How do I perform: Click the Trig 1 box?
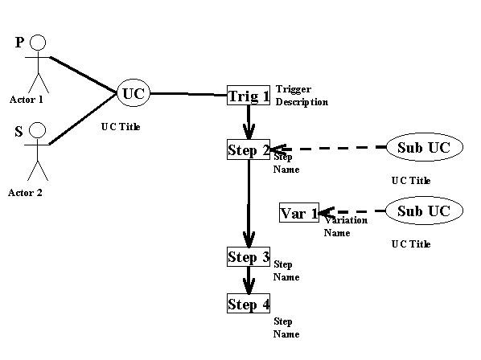(249, 96)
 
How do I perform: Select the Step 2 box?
(249, 149)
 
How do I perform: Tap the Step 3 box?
(249, 257)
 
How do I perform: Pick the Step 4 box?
(249, 303)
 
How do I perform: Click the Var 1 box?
(299, 213)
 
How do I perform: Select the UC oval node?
(134, 93)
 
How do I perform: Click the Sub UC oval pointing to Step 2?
(425, 147)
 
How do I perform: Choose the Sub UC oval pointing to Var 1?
(424, 211)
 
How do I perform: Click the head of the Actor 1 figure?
(38, 43)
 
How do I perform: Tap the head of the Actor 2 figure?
(38, 130)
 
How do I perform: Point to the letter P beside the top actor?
(19, 43)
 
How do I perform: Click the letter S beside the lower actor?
(18, 131)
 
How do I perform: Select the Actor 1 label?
(27, 100)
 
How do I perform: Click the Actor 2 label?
(25, 193)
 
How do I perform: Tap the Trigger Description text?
(302, 96)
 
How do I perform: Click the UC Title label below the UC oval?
(121, 126)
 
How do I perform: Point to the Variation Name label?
(346, 227)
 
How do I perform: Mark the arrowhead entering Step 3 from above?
(249, 239)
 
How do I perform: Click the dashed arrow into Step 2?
(328, 149)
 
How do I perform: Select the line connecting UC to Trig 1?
(188, 94)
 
